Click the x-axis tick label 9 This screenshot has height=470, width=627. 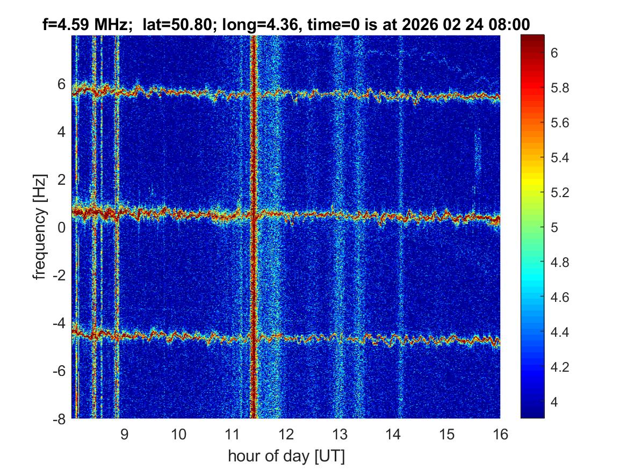tap(124, 434)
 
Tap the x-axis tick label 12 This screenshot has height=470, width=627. tap(285, 434)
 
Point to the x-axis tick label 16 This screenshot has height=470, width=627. tap(500, 434)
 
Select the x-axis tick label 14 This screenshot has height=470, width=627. tap(393, 434)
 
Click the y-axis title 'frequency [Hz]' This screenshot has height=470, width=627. tap(39, 227)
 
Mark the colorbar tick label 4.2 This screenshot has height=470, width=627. tap(560, 367)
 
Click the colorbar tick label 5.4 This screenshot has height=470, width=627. tap(560, 157)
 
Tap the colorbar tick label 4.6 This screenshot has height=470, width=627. tap(560, 297)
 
